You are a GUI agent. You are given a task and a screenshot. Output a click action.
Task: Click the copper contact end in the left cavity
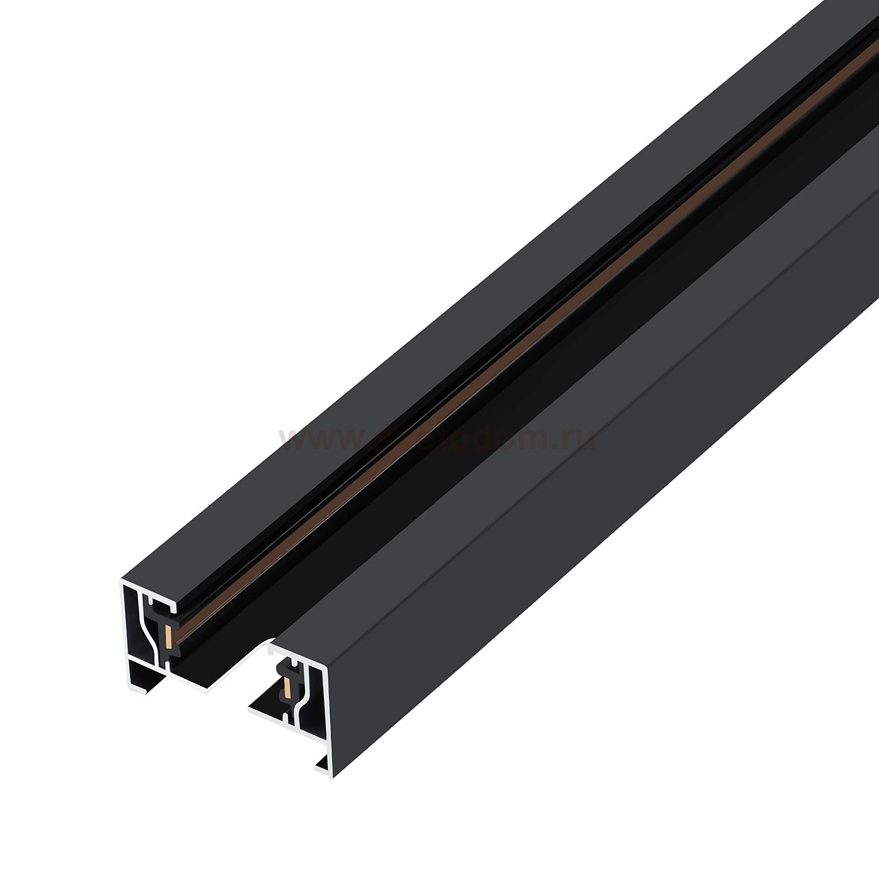tap(167, 634)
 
